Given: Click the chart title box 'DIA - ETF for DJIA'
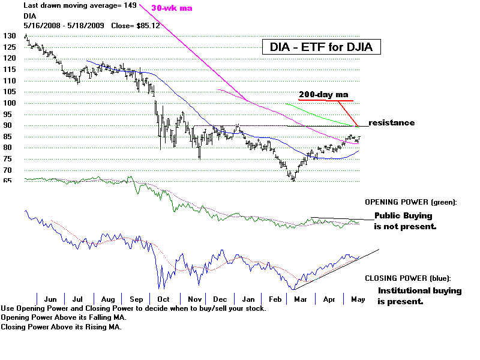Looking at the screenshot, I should (321, 47).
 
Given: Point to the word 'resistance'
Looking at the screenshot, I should (391, 123).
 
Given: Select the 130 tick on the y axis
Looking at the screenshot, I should (8, 36).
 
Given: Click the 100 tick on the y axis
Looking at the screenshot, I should (8, 103).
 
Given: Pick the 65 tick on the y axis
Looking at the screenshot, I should (7, 181).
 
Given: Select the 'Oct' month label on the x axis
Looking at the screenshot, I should (163, 299).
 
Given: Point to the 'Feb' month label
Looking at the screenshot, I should (277, 299).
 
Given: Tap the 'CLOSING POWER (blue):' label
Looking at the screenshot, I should (407, 278).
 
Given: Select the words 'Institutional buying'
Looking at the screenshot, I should (419, 291).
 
